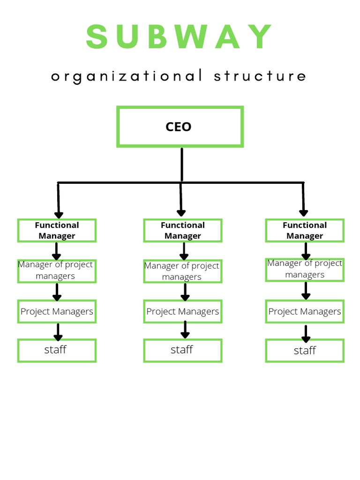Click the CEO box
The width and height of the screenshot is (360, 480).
tap(180, 127)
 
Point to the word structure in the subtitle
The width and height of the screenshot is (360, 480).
tap(260, 76)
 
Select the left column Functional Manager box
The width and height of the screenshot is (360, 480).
tap(57, 230)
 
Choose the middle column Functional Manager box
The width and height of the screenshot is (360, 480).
tap(182, 230)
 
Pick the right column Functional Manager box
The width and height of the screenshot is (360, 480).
tap(305, 230)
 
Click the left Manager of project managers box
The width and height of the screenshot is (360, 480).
tap(57, 270)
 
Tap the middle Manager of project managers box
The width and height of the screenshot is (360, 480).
tap(182, 271)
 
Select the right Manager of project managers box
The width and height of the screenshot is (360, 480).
tap(305, 270)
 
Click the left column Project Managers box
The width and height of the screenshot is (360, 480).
tap(57, 312)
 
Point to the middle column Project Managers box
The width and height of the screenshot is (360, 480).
tap(182, 312)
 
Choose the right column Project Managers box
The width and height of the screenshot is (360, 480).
tap(305, 312)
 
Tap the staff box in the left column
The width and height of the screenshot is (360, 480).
tap(57, 350)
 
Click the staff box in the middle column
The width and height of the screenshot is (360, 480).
tap(182, 350)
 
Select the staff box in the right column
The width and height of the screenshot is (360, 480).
tap(305, 351)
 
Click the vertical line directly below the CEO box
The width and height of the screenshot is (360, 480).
tap(181, 164)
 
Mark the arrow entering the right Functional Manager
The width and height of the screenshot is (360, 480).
tap(303, 201)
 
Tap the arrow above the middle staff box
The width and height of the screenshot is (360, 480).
tap(185, 330)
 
